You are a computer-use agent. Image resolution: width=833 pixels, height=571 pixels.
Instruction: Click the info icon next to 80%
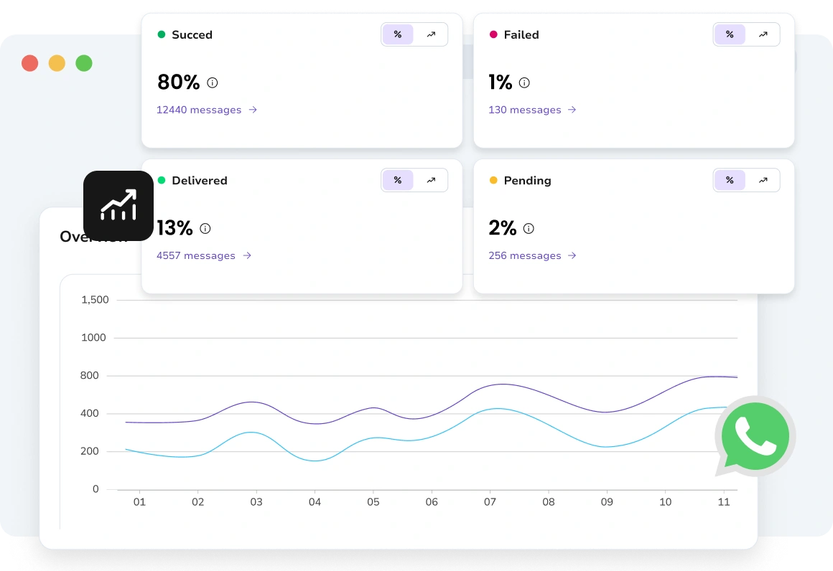coord(213,82)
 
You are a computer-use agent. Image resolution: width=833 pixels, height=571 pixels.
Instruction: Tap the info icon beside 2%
coord(529,229)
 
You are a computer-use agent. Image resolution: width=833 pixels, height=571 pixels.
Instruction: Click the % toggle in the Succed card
coord(398,34)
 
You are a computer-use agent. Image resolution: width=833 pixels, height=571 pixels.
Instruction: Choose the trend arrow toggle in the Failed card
coord(763,34)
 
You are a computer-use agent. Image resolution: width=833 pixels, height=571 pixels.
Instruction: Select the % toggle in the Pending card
coord(730,180)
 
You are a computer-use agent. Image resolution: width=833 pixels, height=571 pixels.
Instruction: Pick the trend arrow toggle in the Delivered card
coord(431,180)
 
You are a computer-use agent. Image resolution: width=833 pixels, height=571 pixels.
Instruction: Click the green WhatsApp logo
coord(755,436)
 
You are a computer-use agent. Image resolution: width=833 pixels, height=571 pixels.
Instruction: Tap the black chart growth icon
coord(118,206)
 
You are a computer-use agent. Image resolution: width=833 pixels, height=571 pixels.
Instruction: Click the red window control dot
coord(29,63)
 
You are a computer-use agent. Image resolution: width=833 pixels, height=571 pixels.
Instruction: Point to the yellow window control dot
coord(57,63)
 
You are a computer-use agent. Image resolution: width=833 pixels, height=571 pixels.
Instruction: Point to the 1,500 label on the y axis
coord(95,300)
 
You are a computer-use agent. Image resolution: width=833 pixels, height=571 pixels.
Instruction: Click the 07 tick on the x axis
coord(490,502)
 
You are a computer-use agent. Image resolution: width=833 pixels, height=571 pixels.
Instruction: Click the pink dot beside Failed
coord(493,34)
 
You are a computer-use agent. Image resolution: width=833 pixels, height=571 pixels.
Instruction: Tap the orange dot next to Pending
coord(493,180)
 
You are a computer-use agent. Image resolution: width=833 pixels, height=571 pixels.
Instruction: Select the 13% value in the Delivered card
coord(174,228)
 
